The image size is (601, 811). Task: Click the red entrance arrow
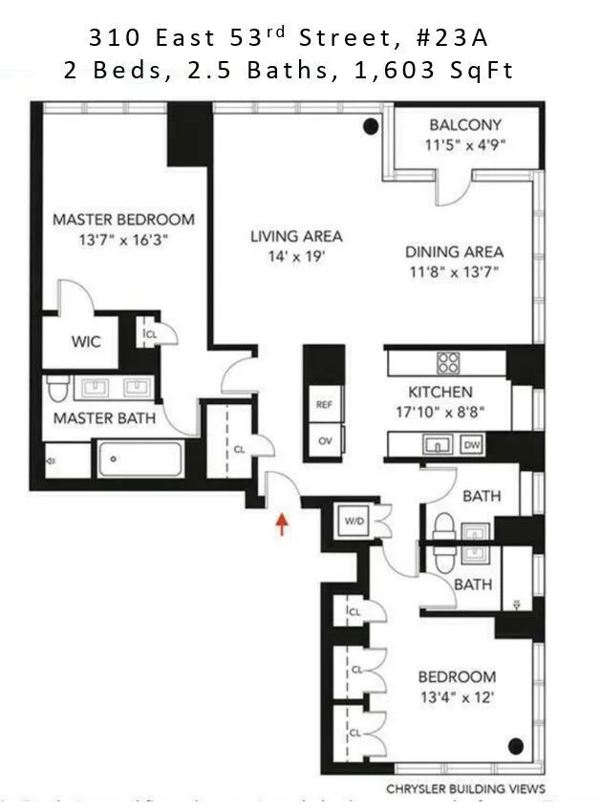282,523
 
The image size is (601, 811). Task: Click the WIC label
85,342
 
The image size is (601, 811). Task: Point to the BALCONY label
464,125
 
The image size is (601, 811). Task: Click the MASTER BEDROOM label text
123,219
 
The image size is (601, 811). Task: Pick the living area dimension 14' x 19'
295,256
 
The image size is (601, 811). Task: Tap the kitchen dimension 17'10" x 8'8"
440,412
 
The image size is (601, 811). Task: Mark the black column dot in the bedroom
516,746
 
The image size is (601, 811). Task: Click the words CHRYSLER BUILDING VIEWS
465,789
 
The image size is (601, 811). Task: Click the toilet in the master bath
57,389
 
